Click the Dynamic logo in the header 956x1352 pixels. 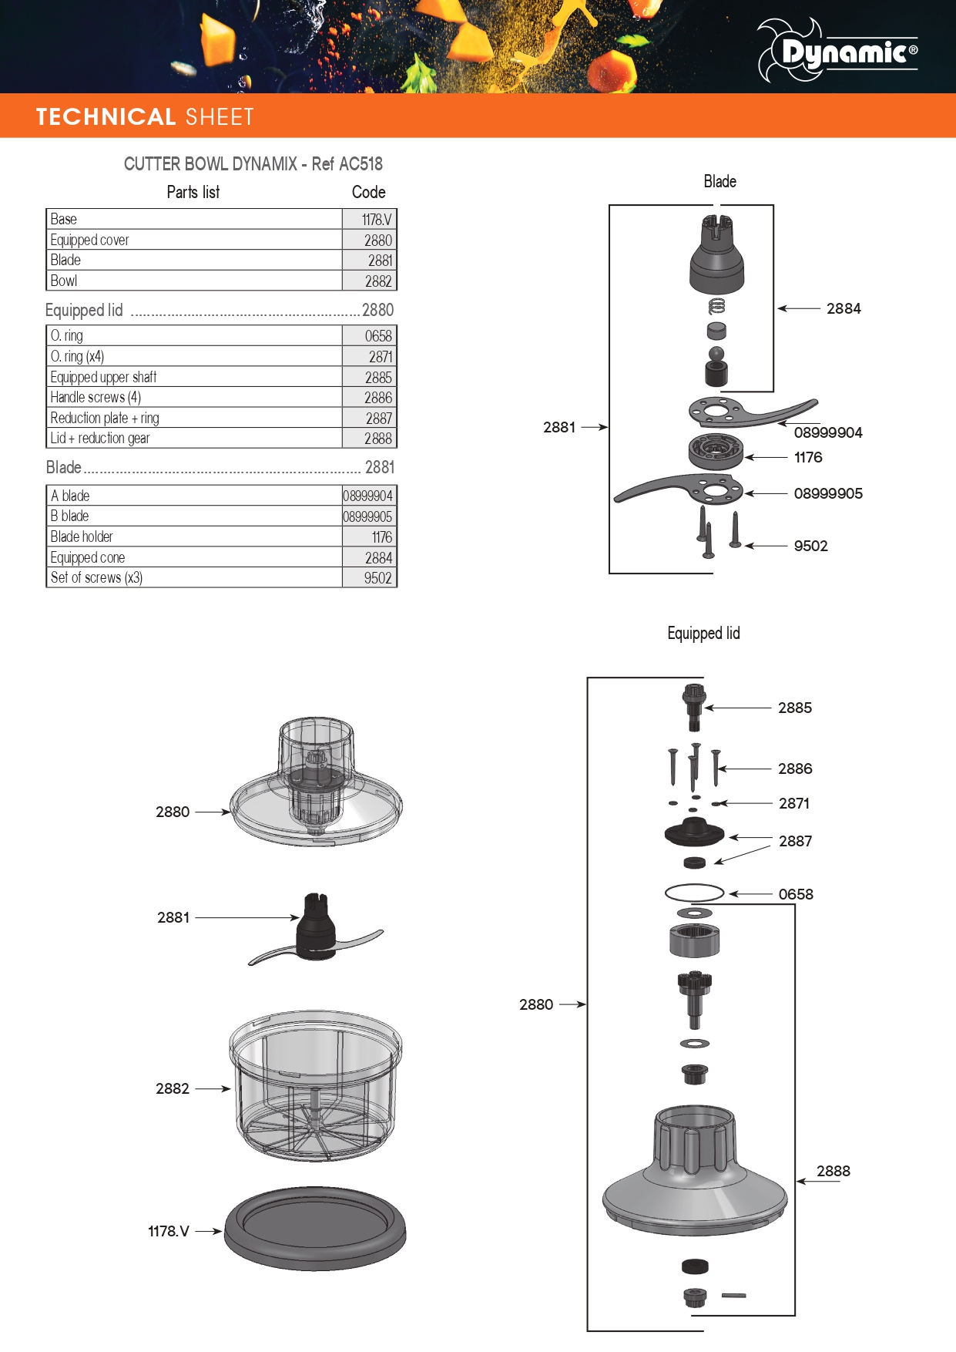click(x=837, y=51)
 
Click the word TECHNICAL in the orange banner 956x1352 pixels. click(x=106, y=117)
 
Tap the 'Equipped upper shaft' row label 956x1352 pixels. click(x=103, y=377)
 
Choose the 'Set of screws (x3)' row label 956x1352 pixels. click(x=96, y=577)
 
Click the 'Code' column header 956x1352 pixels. click(x=369, y=192)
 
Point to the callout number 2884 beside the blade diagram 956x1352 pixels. click(x=844, y=308)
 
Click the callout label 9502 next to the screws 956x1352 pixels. click(x=810, y=546)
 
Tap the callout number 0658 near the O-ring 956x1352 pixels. click(x=796, y=894)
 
